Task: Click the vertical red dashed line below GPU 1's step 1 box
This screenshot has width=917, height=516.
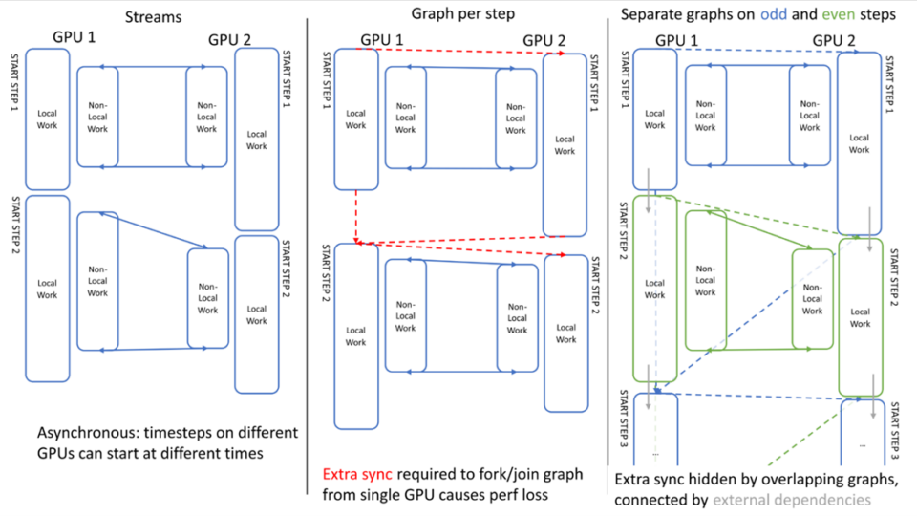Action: [355, 215]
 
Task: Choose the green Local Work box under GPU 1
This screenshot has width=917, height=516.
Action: [654, 288]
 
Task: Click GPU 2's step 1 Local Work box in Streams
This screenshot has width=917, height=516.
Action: [256, 139]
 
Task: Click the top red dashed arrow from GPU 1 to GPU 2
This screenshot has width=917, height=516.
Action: [458, 52]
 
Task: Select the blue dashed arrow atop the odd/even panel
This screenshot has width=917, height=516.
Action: [755, 52]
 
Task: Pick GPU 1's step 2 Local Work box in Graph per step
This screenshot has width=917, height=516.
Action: [355, 334]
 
